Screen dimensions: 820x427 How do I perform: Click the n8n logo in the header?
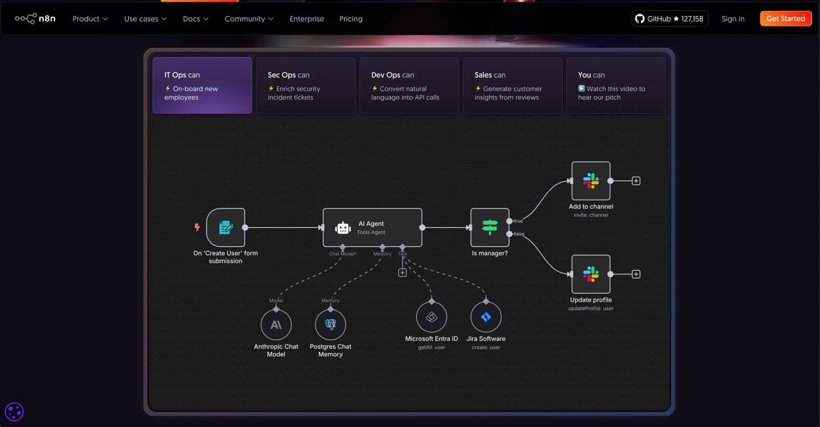35,18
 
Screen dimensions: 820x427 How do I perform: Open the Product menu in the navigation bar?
90,19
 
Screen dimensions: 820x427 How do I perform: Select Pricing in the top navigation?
351,19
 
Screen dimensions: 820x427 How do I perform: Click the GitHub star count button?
670,19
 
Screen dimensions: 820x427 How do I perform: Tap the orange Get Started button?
786,18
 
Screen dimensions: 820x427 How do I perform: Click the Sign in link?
733,19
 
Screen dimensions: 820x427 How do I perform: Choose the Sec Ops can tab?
305,85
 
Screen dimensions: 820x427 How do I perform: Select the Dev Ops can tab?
409,85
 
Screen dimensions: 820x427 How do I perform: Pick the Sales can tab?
512,85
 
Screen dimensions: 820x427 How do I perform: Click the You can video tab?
616,85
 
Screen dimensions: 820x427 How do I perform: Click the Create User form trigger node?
225,228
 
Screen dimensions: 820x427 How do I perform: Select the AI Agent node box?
372,228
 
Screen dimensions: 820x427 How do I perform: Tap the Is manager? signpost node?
490,228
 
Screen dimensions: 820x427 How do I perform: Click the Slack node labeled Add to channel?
591,181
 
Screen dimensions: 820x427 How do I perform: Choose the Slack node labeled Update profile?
591,274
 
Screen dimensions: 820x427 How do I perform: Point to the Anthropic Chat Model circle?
276,324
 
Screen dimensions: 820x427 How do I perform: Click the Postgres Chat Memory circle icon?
330,324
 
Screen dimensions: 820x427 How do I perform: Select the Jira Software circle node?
486,317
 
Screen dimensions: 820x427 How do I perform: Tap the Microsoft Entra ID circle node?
432,317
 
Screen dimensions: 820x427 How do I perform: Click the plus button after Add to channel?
636,181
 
